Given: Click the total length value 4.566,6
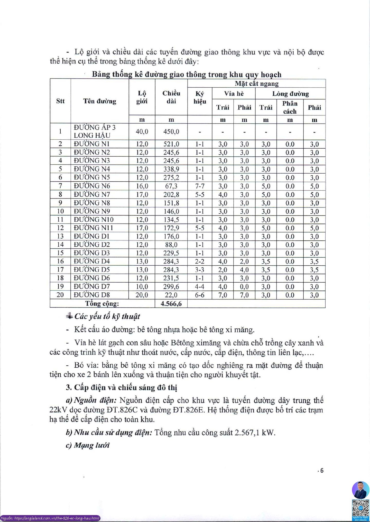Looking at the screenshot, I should (171, 304).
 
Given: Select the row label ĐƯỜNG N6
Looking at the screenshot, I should (92, 186).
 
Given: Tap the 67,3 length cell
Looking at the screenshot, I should (171, 186).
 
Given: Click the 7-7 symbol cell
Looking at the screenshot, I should (200, 186).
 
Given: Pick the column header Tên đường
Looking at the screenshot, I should (100, 101).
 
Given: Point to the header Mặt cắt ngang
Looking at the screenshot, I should (256, 84).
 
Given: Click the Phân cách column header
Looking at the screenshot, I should (290, 107).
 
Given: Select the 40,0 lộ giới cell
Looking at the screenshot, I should (142, 132).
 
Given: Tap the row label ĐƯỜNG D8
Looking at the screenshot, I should (92, 295).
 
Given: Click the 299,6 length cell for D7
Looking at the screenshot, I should (171, 286).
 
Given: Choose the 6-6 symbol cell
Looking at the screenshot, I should (200, 295).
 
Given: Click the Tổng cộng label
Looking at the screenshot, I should (102, 304).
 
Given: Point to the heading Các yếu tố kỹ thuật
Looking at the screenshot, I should (107, 317).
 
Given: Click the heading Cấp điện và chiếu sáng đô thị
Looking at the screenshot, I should (122, 388).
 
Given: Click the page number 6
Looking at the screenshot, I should (322, 471).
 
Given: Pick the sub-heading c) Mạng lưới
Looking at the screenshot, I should (88, 445).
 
